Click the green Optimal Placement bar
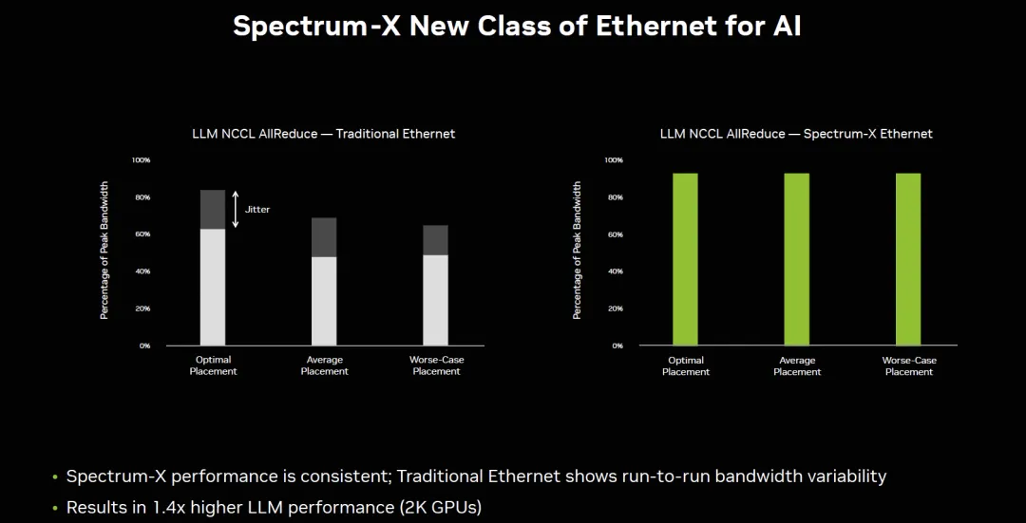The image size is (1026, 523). [x=685, y=259]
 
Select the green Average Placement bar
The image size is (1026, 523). [x=796, y=259]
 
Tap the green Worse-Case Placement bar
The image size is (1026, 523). [x=908, y=259]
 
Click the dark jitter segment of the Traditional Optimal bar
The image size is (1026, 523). [x=213, y=210]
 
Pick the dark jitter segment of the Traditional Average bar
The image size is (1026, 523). [x=324, y=237]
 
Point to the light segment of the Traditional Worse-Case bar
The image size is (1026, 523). [x=435, y=300]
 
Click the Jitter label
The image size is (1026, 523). [x=257, y=209]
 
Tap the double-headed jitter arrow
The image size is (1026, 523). [x=236, y=210]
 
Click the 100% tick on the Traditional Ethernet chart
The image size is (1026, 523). [x=141, y=160]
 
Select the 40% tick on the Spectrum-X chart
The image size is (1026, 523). [x=614, y=271]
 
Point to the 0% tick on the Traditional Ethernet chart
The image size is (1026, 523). [x=144, y=346]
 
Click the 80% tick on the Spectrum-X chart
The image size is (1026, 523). [x=614, y=197]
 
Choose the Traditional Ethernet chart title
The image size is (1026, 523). [x=323, y=134]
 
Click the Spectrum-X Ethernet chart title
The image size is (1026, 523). [x=796, y=134]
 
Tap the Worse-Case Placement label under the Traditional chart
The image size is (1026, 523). [x=436, y=365]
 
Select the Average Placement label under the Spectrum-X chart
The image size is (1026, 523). [x=797, y=365]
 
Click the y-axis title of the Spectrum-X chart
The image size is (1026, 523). [x=577, y=251]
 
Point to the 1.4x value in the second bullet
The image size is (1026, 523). [x=167, y=508]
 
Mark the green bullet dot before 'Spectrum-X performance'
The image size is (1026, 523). [x=56, y=476]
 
